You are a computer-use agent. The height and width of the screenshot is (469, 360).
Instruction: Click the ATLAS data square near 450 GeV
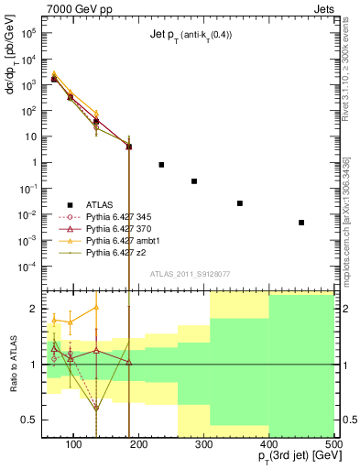(x=301, y=223)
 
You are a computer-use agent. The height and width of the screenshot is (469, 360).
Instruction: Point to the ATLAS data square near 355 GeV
(x=240, y=203)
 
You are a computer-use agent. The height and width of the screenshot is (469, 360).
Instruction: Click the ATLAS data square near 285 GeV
(x=194, y=181)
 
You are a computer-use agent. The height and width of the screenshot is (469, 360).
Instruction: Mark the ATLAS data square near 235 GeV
(x=161, y=165)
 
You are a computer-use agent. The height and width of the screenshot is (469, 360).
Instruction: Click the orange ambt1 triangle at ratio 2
(x=96, y=308)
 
